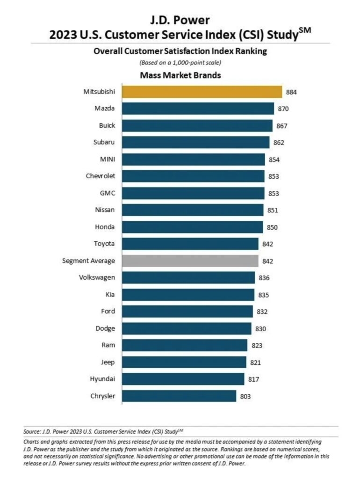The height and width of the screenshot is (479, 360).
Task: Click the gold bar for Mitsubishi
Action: (x=202, y=92)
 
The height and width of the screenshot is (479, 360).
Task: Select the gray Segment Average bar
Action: (x=190, y=261)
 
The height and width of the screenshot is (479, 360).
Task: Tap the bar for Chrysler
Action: (x=179, y=396)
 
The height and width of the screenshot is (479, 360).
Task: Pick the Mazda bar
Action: (x=198, y=109)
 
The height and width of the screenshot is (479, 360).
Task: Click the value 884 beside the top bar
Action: (x=291, y=92)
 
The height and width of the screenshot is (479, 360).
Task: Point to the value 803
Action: (x=245, y=397)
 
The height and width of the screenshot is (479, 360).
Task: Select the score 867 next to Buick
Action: (x=281, y=126)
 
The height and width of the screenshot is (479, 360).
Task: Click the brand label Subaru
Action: (x=105, y=142)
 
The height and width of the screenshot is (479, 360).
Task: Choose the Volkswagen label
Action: (x=97, y=277)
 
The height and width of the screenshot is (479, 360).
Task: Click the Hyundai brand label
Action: (x=102, y=379)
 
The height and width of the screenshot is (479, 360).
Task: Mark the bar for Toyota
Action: (x=190, y=244)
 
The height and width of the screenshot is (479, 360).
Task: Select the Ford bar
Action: (x=187, y=311)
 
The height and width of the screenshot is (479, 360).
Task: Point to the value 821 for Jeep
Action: (x=255, y=363)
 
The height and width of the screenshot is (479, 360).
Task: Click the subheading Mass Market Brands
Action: (x=180, y=75)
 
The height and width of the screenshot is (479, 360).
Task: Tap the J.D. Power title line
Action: (x=180, y=20)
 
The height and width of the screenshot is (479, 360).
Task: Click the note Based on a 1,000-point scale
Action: (x=180, y=63)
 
